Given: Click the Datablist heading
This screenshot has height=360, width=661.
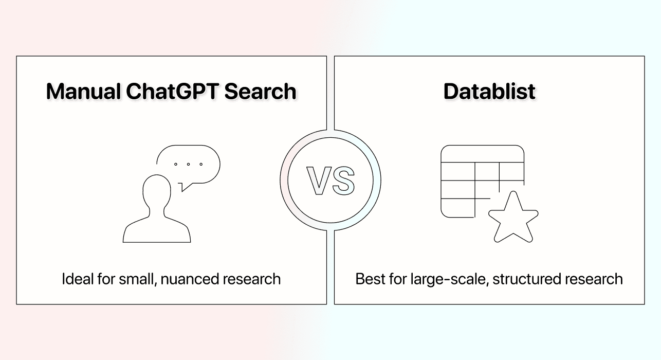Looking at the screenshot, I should pos(489,92).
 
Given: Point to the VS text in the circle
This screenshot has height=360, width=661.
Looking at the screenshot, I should pos(330,181).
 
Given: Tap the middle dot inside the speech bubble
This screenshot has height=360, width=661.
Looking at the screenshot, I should pos(188,164).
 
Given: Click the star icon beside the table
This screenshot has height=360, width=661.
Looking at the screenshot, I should pos(512,218).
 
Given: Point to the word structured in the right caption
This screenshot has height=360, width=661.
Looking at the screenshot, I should pos(525,279).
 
